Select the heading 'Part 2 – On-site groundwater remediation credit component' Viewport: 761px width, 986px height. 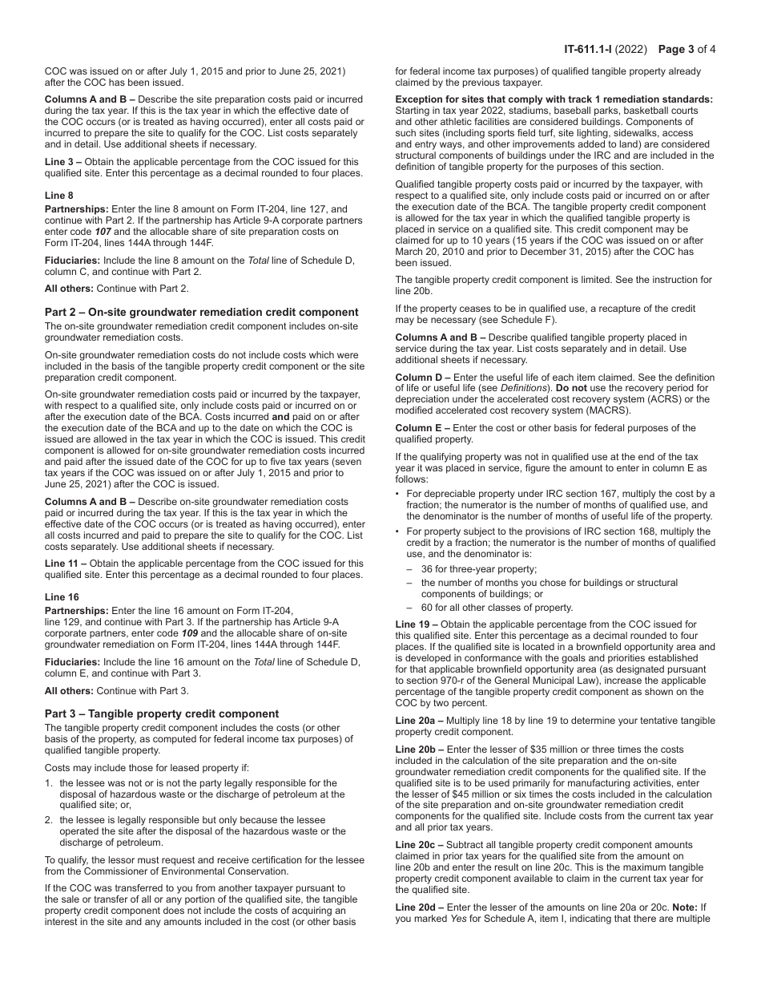pos(202,312)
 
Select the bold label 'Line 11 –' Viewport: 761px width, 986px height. pos(66,564)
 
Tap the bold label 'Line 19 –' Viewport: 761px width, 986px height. pos(417,624)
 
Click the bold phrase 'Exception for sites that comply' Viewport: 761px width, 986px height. pos(481,99)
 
